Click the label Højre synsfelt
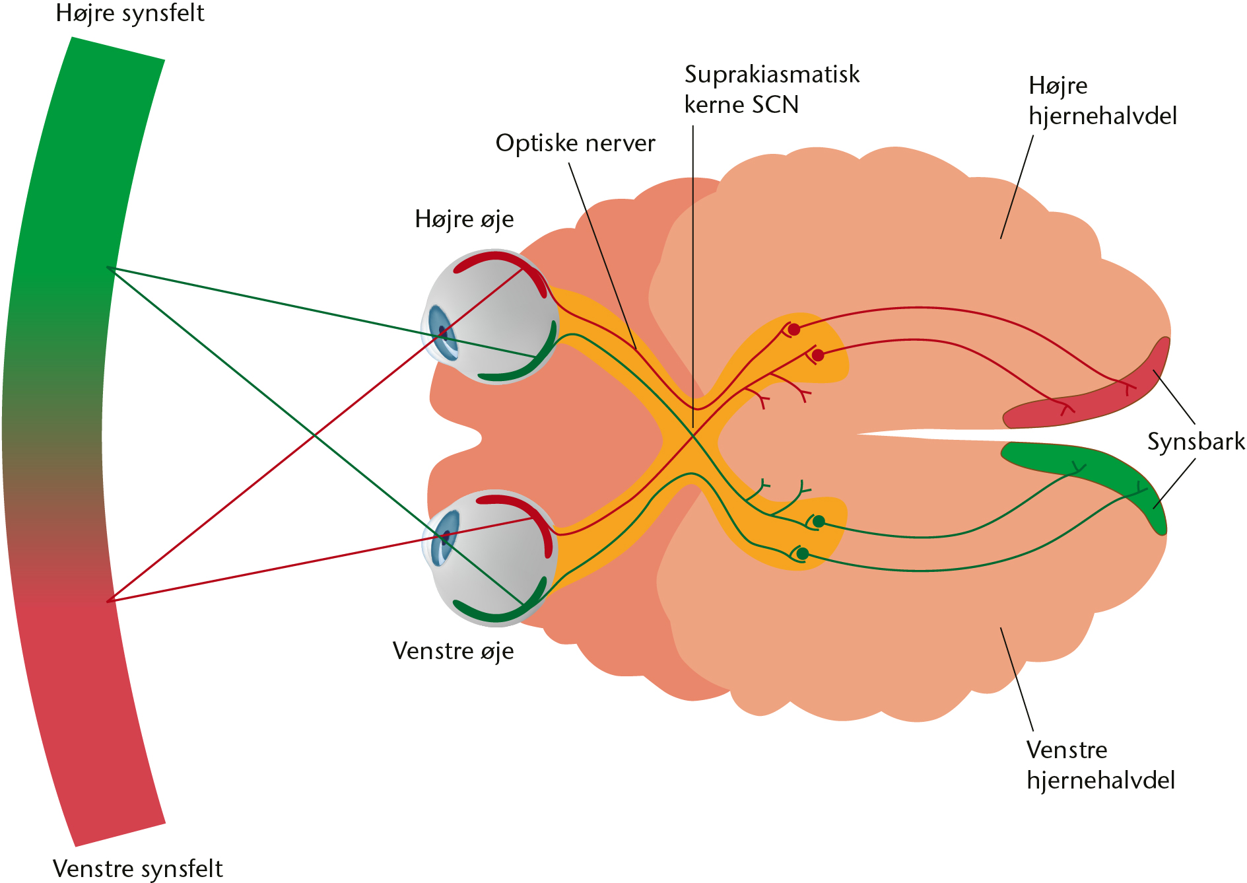coord(130,14)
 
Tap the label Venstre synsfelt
coord(138,868)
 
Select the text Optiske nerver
coord(575,143)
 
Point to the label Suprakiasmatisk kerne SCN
coord(772,89)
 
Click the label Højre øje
coord(464,219)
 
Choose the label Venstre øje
coord(453,651)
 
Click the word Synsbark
coord(1196,442)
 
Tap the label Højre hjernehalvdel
coord(1102,100)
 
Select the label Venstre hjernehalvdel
coord(1100,765)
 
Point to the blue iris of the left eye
coord(442,537)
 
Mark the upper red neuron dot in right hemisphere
coord(794,329)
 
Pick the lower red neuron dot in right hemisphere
coord(818,355)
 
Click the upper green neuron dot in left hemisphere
coord(819,522)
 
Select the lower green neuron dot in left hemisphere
coord(802,553)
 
